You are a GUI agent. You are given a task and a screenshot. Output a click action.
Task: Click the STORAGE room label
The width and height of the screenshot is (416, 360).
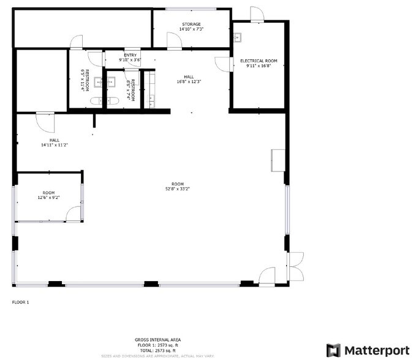191,24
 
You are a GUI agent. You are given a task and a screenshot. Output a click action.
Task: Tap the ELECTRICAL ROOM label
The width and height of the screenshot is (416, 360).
259,61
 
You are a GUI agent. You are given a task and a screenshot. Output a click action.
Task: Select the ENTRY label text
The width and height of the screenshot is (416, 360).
130,55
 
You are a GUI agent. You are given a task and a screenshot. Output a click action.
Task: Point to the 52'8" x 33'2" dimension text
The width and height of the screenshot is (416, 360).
178,189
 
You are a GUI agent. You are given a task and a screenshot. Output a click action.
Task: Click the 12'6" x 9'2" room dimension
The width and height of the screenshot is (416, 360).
48,198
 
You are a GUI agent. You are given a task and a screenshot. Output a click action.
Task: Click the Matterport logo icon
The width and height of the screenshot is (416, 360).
333,350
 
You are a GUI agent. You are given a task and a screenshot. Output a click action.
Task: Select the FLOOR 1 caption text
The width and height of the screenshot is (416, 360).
20,302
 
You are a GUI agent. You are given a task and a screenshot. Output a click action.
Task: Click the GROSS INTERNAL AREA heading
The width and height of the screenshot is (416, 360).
158,340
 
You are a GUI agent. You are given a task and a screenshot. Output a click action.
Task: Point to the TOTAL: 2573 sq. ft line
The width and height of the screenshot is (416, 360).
158,350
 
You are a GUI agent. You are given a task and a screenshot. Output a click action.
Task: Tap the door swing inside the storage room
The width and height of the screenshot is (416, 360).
173,40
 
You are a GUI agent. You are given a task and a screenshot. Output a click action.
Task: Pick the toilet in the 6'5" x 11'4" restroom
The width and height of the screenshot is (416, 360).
97,100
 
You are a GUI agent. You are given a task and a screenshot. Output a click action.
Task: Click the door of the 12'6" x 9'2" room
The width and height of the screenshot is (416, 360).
74,214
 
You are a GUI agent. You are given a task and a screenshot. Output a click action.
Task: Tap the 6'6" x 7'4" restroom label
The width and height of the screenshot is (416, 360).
129,89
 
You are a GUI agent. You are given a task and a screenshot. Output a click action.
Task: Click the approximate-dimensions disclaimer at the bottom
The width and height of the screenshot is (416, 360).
158,355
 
